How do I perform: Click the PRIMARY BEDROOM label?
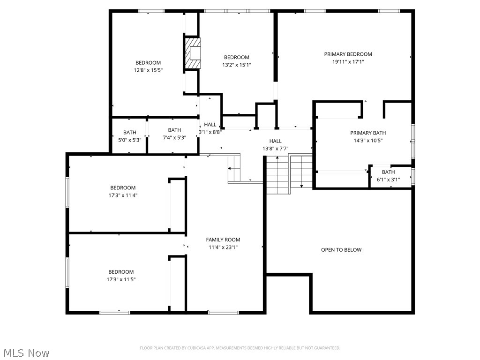(348, 54)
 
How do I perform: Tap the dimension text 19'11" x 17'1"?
(348, 62)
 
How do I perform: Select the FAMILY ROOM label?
(223, 240)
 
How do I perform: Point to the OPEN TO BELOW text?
(341, 250)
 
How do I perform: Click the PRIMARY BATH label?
(367, 133)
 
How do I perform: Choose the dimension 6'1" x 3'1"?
(388, 180)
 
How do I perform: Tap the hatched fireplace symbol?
(192, 53)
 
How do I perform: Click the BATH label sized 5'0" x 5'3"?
(130, 133)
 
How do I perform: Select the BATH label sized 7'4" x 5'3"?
(174, 130)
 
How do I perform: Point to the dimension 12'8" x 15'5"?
(148, 70)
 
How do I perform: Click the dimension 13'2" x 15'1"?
(237, 65)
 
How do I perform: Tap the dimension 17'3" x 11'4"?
(123, 195)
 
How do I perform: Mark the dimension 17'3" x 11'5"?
(121, 279)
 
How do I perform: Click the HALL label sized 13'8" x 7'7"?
(275, 141)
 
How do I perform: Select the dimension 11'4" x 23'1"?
(223, 247)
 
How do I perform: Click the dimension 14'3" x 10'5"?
(367, 141)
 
